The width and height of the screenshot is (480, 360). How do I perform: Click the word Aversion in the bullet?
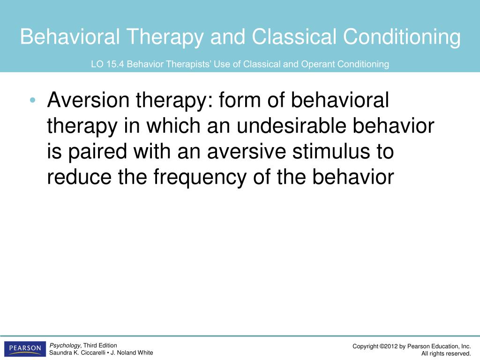88,100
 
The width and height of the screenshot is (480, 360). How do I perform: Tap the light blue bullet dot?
33,100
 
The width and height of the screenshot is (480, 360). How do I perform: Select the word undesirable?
292,126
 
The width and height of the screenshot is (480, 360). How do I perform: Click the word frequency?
200,177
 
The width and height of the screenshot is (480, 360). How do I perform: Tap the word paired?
97,152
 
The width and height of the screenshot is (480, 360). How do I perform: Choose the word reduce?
79,177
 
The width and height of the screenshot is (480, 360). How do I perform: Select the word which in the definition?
173,126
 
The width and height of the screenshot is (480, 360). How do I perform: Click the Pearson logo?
25,349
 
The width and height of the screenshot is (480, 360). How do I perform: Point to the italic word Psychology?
65,345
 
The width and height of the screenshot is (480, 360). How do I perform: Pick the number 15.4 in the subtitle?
115,64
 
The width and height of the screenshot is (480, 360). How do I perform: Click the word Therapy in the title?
165,37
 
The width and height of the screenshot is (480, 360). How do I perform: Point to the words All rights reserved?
446,354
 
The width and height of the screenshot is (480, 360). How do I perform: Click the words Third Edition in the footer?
100,345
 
